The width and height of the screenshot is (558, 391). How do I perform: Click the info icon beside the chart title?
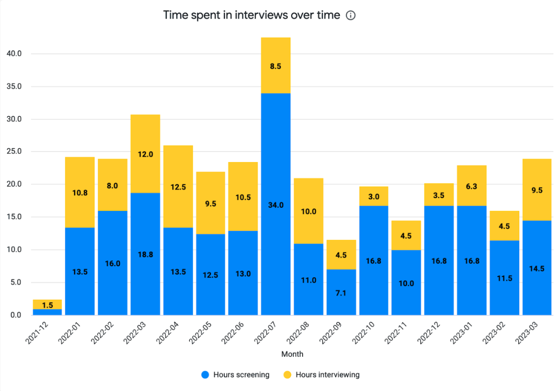pos(351,15)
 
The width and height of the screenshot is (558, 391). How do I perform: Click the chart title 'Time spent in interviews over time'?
pos(251,15)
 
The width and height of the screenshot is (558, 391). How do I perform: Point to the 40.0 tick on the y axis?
pos(14,54)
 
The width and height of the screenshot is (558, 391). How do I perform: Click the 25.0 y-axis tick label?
pos(14,152)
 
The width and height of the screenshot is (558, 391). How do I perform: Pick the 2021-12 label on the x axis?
pos(37,333)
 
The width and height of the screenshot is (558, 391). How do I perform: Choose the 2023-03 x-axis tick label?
pos(527,333)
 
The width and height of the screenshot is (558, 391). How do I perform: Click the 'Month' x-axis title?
pos(292,354)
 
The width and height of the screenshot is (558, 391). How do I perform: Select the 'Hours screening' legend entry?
pos(235,375)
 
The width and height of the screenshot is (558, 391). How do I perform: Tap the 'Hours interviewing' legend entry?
pos(321,375)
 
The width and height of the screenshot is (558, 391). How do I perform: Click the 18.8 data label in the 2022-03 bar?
pos(145,255)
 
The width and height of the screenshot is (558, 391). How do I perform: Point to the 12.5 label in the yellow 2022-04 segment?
pos(178,187)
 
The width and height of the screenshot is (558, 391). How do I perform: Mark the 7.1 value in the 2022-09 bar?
pos(341,293)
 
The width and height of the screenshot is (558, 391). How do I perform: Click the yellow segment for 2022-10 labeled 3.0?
pos(374,196)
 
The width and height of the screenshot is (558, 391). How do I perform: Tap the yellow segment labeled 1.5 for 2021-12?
pos(47,304)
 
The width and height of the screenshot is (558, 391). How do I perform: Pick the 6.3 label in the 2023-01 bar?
pos(471,186)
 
